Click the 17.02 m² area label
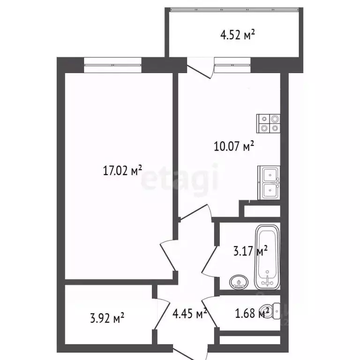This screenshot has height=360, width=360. click(x=122, y=170)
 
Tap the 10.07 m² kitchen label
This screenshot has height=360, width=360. click(x=234, y=146)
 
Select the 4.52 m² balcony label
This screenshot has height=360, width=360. click(x=237, y=35)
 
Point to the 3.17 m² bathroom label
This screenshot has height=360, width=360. click(x=250, y=250)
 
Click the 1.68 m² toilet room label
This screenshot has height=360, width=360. click(x=252, y=313)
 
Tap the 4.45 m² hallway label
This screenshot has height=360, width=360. click(x=190, y=313)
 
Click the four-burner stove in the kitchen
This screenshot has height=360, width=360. click(x=268, y=124)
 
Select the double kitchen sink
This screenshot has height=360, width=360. click(x=269, y=183)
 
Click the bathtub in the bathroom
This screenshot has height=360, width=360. click(x=268, y=257)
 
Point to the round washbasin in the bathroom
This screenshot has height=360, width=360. click(x=239, y=282)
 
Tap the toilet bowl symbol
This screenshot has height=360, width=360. click(x=270, y=311)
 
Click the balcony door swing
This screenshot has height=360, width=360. click(x=201, y=69)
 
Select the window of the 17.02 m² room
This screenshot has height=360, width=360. click(x=112, y=65)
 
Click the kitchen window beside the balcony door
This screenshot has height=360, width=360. click(x=232, y=65)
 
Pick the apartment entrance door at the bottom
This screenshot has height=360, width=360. click(x=191, y=352)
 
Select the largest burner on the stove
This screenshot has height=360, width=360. click(x=275, y=119)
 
